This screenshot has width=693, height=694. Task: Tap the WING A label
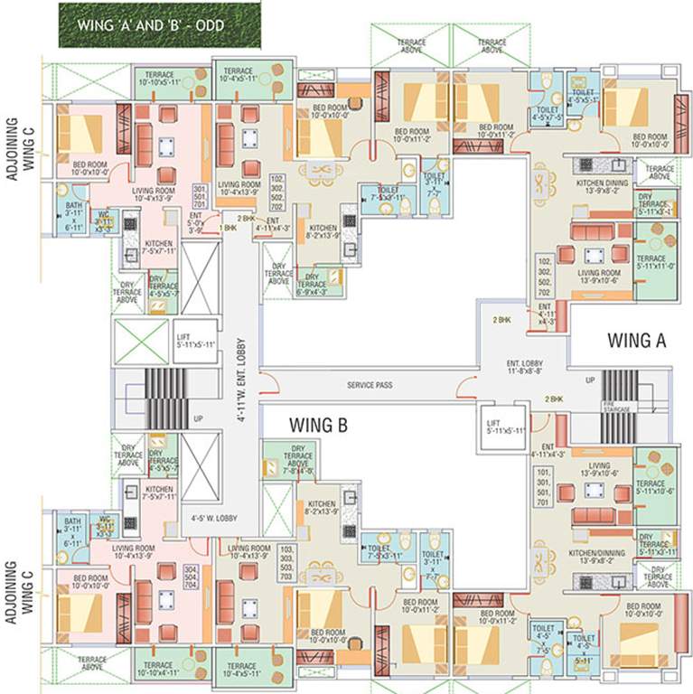pyautogui.click(x=636, y=341)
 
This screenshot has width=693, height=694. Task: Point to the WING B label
pyautogui.click(x=318, y=423)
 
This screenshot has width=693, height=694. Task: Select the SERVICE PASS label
pyautogui.click(x=370, y=385)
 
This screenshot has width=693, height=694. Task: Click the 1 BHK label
pyautogui.click(x=228, y=229)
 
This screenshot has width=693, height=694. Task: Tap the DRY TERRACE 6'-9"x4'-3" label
pyautogui.click(x=311, y=284)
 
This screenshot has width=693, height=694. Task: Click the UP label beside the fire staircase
pyautogui.click(x=590, y=380)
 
